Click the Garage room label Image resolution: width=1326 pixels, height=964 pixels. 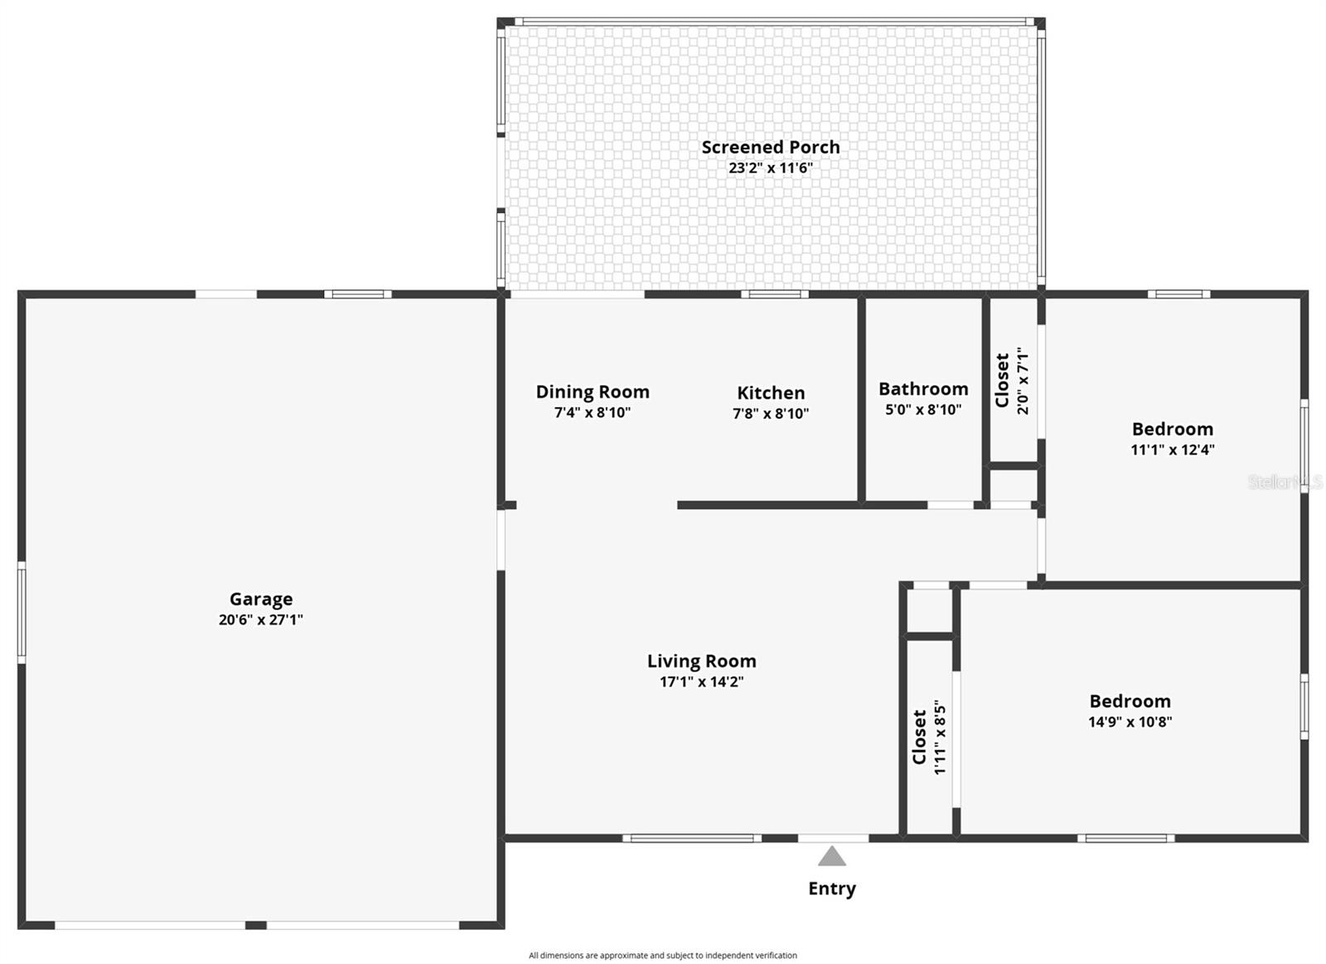coord(261,598)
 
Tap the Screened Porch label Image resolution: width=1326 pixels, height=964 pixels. coord(771,147)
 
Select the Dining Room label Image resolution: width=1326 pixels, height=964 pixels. coord(593,391)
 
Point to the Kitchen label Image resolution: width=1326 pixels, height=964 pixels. coord(771,392)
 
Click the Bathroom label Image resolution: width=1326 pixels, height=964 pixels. coord(923,389)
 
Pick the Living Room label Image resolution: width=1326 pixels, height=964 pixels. coord(702,661)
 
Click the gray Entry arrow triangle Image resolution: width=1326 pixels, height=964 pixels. coord(832,856)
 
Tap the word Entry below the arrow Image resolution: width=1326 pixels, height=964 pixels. coord(832,889)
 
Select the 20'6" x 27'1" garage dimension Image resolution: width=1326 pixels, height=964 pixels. coord(261,620)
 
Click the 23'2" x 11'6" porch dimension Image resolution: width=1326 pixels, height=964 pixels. coord(771,167)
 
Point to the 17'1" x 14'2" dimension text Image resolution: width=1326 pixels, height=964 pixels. coord(702,682)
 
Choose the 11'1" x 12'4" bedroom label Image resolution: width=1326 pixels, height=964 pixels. coord(1173,450)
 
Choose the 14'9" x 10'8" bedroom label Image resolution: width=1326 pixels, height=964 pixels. coord(1130,722)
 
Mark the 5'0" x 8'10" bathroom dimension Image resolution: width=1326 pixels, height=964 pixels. coord(923,409)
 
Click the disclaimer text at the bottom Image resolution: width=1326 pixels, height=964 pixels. coord(663,955)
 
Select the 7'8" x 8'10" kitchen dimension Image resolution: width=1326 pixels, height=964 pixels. coord(771,413)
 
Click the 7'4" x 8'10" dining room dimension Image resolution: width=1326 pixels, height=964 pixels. coord(593,412)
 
